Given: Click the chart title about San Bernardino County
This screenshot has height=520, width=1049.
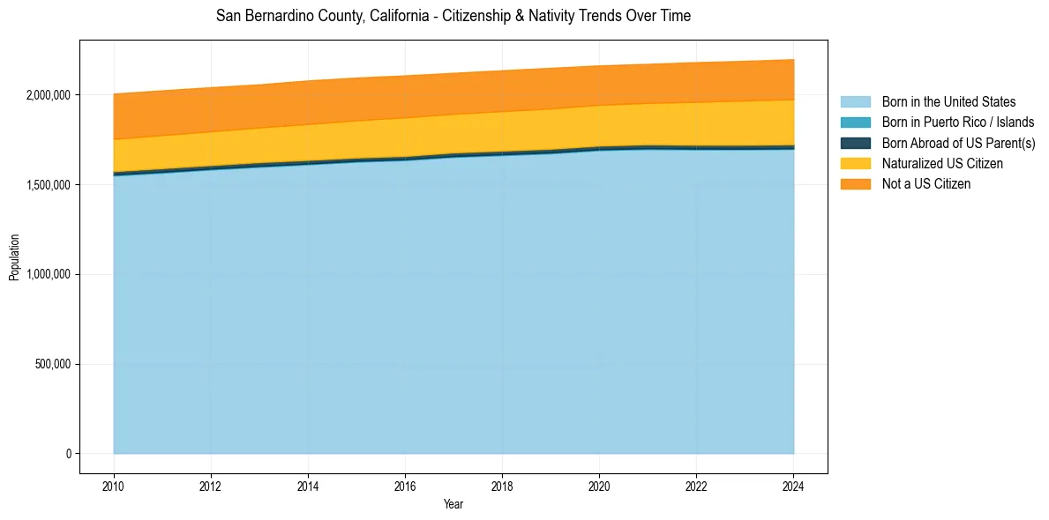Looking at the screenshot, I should [453, 16].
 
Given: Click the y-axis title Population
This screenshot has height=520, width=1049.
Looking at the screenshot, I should [14, 257].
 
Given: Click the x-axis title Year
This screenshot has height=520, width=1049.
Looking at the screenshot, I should [453, 505].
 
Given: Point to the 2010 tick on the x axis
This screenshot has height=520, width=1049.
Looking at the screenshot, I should [113, 486].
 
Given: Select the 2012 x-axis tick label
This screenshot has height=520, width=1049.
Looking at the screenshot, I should [210, 486].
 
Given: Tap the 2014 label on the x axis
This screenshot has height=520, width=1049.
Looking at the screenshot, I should [308, 486].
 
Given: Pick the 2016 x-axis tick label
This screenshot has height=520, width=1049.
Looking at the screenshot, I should [405, 486].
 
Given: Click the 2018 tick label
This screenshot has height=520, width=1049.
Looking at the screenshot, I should [502, 486].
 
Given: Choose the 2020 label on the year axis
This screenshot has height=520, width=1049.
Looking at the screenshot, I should [599, 486].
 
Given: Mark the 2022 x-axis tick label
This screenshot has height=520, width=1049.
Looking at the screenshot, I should [696, 486].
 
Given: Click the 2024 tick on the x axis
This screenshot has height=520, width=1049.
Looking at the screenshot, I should [794, 486].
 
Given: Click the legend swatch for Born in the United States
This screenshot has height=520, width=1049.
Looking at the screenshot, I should [855, 102].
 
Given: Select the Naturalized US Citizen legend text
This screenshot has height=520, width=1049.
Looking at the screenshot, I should [942, 164].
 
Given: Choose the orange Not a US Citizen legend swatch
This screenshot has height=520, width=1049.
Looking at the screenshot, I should [855, 184].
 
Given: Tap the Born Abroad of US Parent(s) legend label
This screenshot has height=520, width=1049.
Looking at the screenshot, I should [958, 143].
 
